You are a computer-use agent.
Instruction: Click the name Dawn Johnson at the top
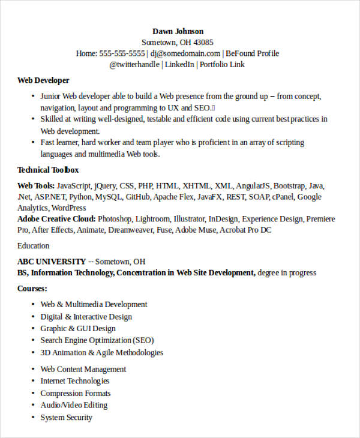pyautogui.click(x=178, y=31)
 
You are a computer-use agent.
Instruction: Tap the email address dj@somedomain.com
pyautogui.click(x=185, y=53)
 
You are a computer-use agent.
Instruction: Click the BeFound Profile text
pyautogui.click(x=252, y=53)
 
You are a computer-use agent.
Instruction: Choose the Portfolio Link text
pyautogui.click(x=222, y=64)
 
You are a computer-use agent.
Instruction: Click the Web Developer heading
pyautogui.click(x=43, y=80)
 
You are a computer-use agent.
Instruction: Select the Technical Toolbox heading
pyautogui.click(x=48, y=170)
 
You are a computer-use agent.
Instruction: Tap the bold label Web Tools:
pyautogui.click(x=36, y=186)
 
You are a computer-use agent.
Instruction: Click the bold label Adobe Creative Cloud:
pyautogui.click(x=56, y=219)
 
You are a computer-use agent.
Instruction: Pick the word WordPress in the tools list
pyautogui.click(x=68, y=208)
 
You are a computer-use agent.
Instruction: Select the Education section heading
pyautogui.click(x=34, y=246)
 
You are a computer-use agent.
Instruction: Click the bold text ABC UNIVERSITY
pyautogui.click(x=52, y=262)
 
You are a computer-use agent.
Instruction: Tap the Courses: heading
pyautogui.click(x=32, y=289)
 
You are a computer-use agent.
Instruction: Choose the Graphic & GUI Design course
pyautogui.click(x=78, y=328)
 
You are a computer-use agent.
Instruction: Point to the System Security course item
pyautogui.click(x=67, y=417)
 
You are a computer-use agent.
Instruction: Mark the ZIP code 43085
pyautogui.click(x=202, y=43)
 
